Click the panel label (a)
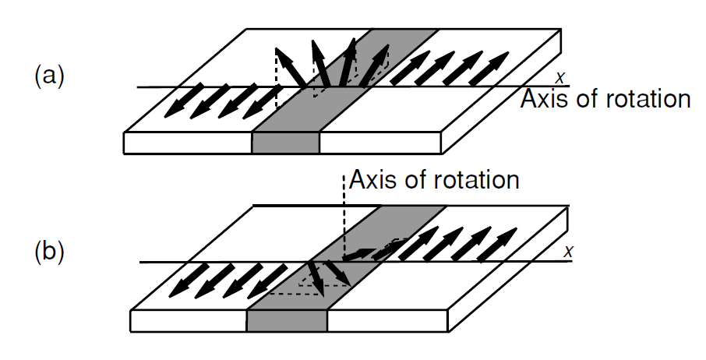49,76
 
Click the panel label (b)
49,252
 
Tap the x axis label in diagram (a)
560,78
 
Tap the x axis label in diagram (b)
569,252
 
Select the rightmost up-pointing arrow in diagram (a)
489,68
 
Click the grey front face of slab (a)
285,143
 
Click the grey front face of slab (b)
287,321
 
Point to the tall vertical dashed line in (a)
276,77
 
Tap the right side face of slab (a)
501,91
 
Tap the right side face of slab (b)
508,269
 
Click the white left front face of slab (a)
188,143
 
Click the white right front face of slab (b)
387,321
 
